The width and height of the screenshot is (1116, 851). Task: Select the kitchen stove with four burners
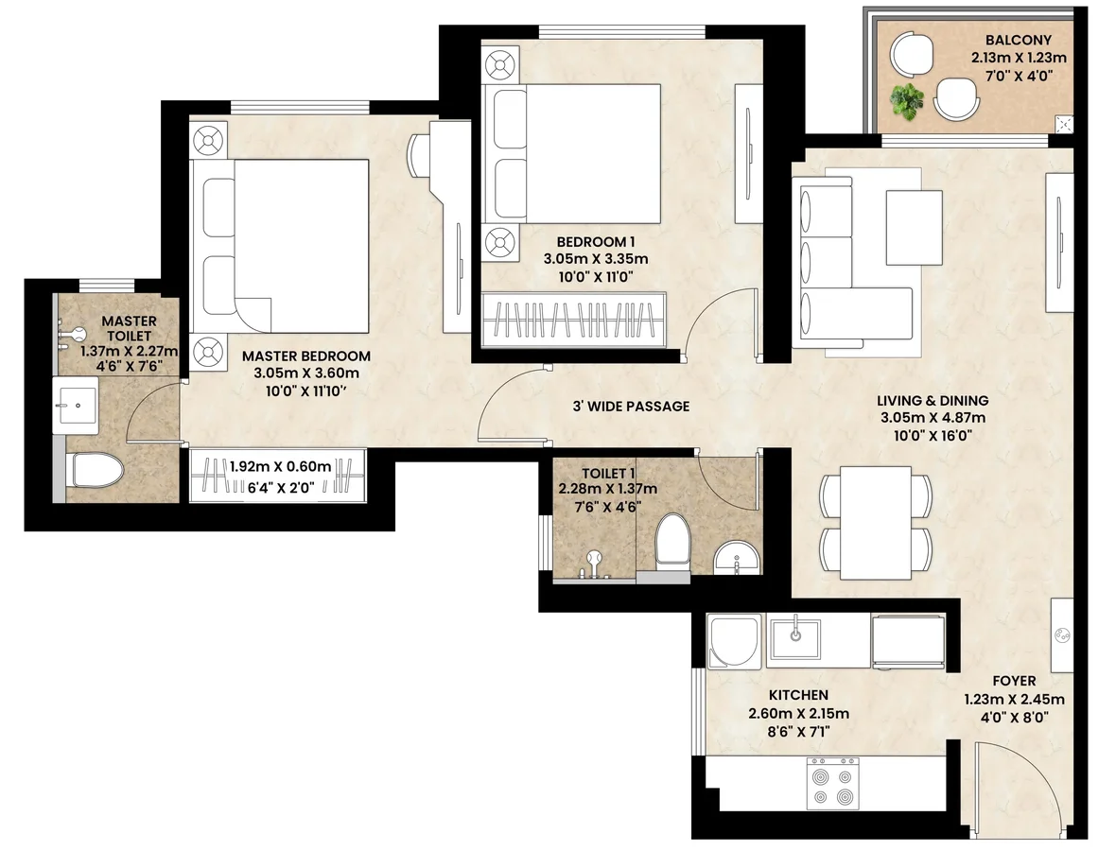coord(832,783)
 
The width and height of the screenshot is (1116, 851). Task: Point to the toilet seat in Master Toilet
coord(96,470)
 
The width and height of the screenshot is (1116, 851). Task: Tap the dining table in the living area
coord(876,523)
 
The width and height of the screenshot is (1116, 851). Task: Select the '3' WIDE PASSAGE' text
coord(632,407)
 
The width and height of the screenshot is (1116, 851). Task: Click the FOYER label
coord(1014,681)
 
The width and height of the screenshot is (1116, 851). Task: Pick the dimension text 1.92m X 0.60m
coord(281,467)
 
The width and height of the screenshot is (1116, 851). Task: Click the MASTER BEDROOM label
coord(306,356)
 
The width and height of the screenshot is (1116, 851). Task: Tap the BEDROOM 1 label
coord(596,242)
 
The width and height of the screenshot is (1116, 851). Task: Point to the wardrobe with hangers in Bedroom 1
coord(574,320)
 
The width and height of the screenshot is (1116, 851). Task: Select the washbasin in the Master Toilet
coord(76,404)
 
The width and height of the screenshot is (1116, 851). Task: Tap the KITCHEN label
coord(798,695)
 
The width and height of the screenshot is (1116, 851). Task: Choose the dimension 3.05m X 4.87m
coord(933,418)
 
